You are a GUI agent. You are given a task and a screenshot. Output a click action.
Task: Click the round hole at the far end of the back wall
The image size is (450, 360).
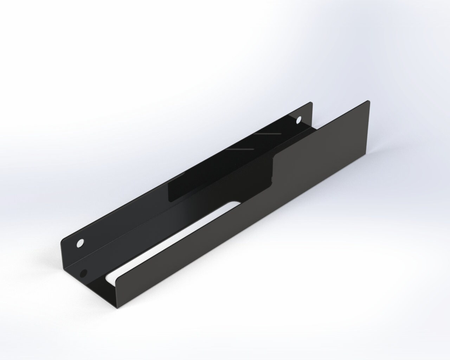pyautogui.click(x=299, y=120)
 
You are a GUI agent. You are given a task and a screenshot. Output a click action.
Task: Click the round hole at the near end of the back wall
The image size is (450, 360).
pyautogui.click(x=80, y=243)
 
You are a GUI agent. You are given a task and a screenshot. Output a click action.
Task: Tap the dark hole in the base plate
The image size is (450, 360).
pyautogui.click(x=83, y=272)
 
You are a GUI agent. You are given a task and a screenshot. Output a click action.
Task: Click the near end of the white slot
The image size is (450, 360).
pyautogui.click(x=108, y=278)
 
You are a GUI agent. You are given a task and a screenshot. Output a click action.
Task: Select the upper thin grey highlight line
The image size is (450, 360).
pyautogui.click(x=268, y=134)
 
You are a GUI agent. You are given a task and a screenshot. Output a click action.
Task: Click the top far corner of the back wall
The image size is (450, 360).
pyautogui.click(x=311, y=102)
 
